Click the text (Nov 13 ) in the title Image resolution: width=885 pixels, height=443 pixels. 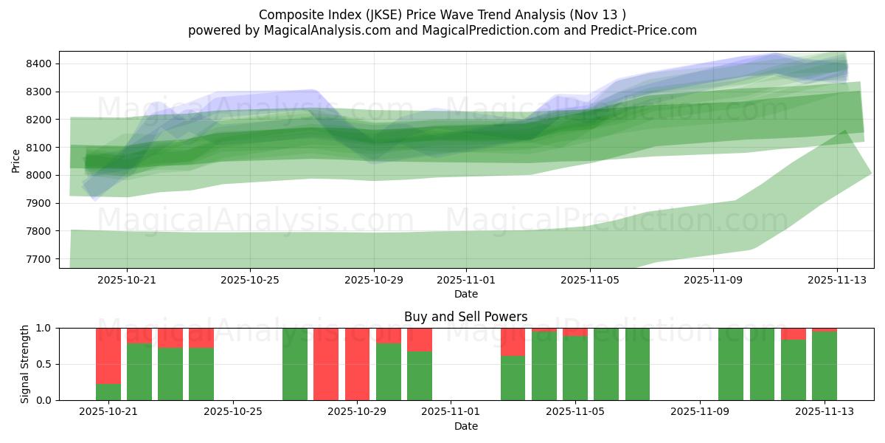coord(600,15)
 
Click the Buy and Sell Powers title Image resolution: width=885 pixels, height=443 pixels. coord(465,317)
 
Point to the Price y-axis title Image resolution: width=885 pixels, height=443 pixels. coord(16,159)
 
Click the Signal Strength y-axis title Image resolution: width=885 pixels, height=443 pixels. coord(25,363)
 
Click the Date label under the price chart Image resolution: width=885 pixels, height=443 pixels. coord(465,294)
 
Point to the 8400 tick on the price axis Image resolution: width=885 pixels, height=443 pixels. coord(38,63)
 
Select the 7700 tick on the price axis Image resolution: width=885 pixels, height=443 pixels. coord(38,259)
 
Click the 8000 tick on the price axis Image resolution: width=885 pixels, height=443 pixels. coord(38,176)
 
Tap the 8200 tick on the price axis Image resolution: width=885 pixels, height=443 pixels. coord(38,120)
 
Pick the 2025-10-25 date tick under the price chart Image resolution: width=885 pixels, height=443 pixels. coord(249,281)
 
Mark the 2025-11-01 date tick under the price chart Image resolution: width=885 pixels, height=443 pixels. coord(466,281)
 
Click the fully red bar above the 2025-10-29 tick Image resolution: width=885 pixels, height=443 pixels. coord(357,363)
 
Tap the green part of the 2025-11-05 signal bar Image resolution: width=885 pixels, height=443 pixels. coord(575,369)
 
